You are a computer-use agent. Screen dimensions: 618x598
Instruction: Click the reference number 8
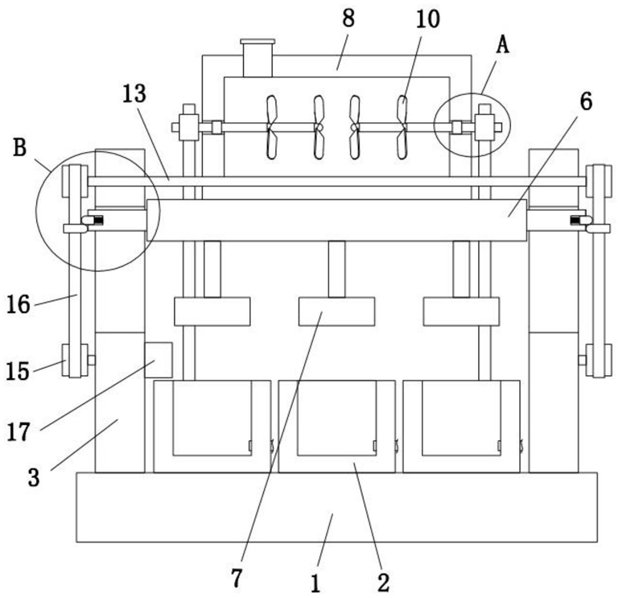click(348, 19)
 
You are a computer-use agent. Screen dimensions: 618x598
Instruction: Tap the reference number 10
click(427, 19)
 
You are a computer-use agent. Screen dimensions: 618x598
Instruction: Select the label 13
click(134, 94)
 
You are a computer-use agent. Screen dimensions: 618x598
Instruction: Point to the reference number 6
click(586, 101)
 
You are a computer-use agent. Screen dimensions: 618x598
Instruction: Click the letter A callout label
click(502, 44)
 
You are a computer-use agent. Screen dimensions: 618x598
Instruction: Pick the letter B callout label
click(19, 148)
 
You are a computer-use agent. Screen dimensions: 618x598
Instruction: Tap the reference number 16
click(19, 305)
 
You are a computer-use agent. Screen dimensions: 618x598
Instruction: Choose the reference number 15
click(18, 371)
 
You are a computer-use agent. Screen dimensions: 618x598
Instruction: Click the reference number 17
click(19, 431)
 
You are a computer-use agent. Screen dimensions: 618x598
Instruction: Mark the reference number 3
click(34, 478)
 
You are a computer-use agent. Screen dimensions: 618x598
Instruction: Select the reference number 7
click(236, 579)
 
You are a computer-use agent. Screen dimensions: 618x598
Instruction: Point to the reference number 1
click(315, 584)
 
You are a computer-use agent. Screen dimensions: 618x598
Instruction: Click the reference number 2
click(383, 583)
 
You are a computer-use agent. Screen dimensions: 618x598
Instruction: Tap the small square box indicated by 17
click(159, 360)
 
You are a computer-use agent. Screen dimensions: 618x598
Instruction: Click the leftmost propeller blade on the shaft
click(271, 127)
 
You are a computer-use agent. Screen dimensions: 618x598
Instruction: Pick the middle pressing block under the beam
click(336, 311)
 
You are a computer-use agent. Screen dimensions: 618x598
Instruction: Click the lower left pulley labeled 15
click(75, 361)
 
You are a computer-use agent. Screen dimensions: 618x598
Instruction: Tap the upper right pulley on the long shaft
click(599, 181)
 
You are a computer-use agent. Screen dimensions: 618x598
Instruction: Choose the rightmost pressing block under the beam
click(461, 311)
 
